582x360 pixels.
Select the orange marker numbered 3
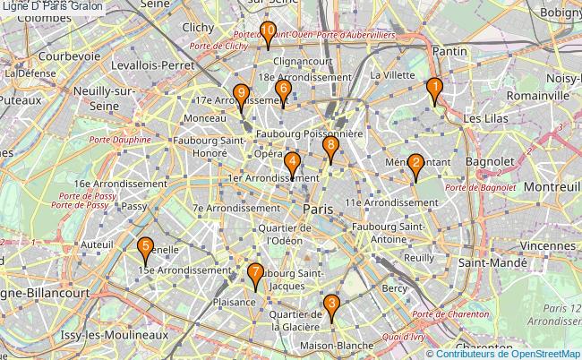coord(332,306)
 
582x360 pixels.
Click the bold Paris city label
coord(318,208)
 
